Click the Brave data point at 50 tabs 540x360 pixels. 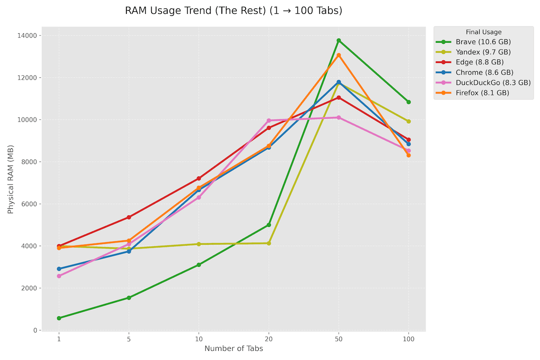coord(338,40)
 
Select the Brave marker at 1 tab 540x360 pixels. coord(59,318)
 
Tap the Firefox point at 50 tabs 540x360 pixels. coord(338,55)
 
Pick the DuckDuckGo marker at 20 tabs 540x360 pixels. coord(269,121)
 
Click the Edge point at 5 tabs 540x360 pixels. coord(129,217)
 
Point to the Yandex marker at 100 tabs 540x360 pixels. coord(408,121)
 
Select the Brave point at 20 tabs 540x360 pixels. coord(269,225)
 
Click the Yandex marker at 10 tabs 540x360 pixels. coord(198,244)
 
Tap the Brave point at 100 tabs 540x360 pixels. coord(408,102)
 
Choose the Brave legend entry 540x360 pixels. coord(483,42)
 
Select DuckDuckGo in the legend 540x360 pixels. coord(493,83)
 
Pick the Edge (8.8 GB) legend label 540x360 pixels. coord(480,62)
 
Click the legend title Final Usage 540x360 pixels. coord(484,32)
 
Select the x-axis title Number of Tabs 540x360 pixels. coord(233,349)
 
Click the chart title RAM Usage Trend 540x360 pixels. coord(233,11)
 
